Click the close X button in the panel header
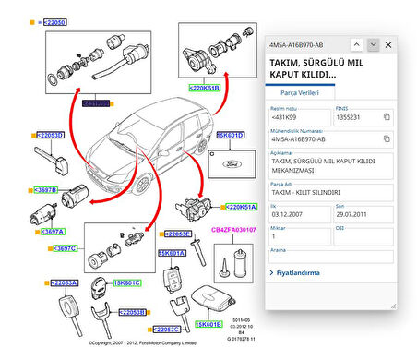click(388, 44)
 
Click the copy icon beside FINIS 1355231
click(387, 116)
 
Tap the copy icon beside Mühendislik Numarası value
click(387, 140)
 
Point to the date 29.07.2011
click(351, 213)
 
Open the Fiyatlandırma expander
click(301, 273)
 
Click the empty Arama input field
click(330, 257)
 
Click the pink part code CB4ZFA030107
click(233, 228)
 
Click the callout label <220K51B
click(204, 89)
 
